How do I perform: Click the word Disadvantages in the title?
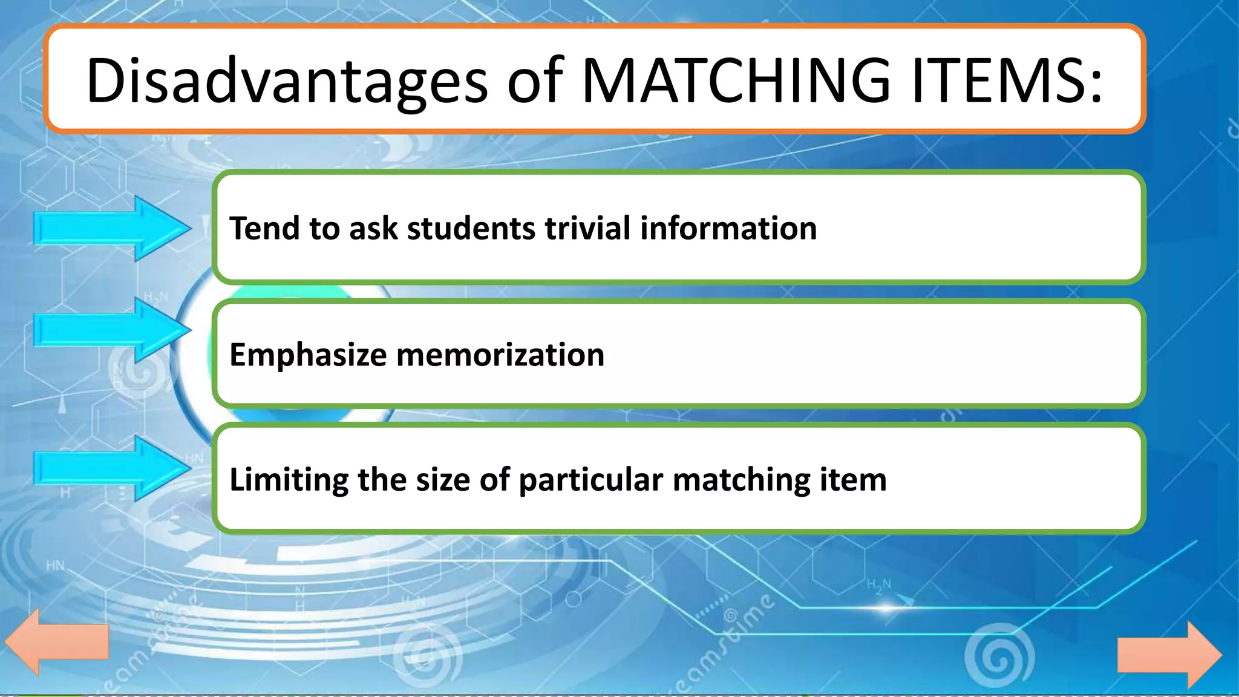(286, 81)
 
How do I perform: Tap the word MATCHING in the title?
(735, 81)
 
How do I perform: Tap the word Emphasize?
(308, 355)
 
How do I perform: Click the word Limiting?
(289, 480)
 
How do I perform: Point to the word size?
(442, 480)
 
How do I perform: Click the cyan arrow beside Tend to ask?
(112, 229)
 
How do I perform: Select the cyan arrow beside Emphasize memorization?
(112, 330)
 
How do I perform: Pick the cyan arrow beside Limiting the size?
(112, 468)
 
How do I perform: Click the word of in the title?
(535, 81)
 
